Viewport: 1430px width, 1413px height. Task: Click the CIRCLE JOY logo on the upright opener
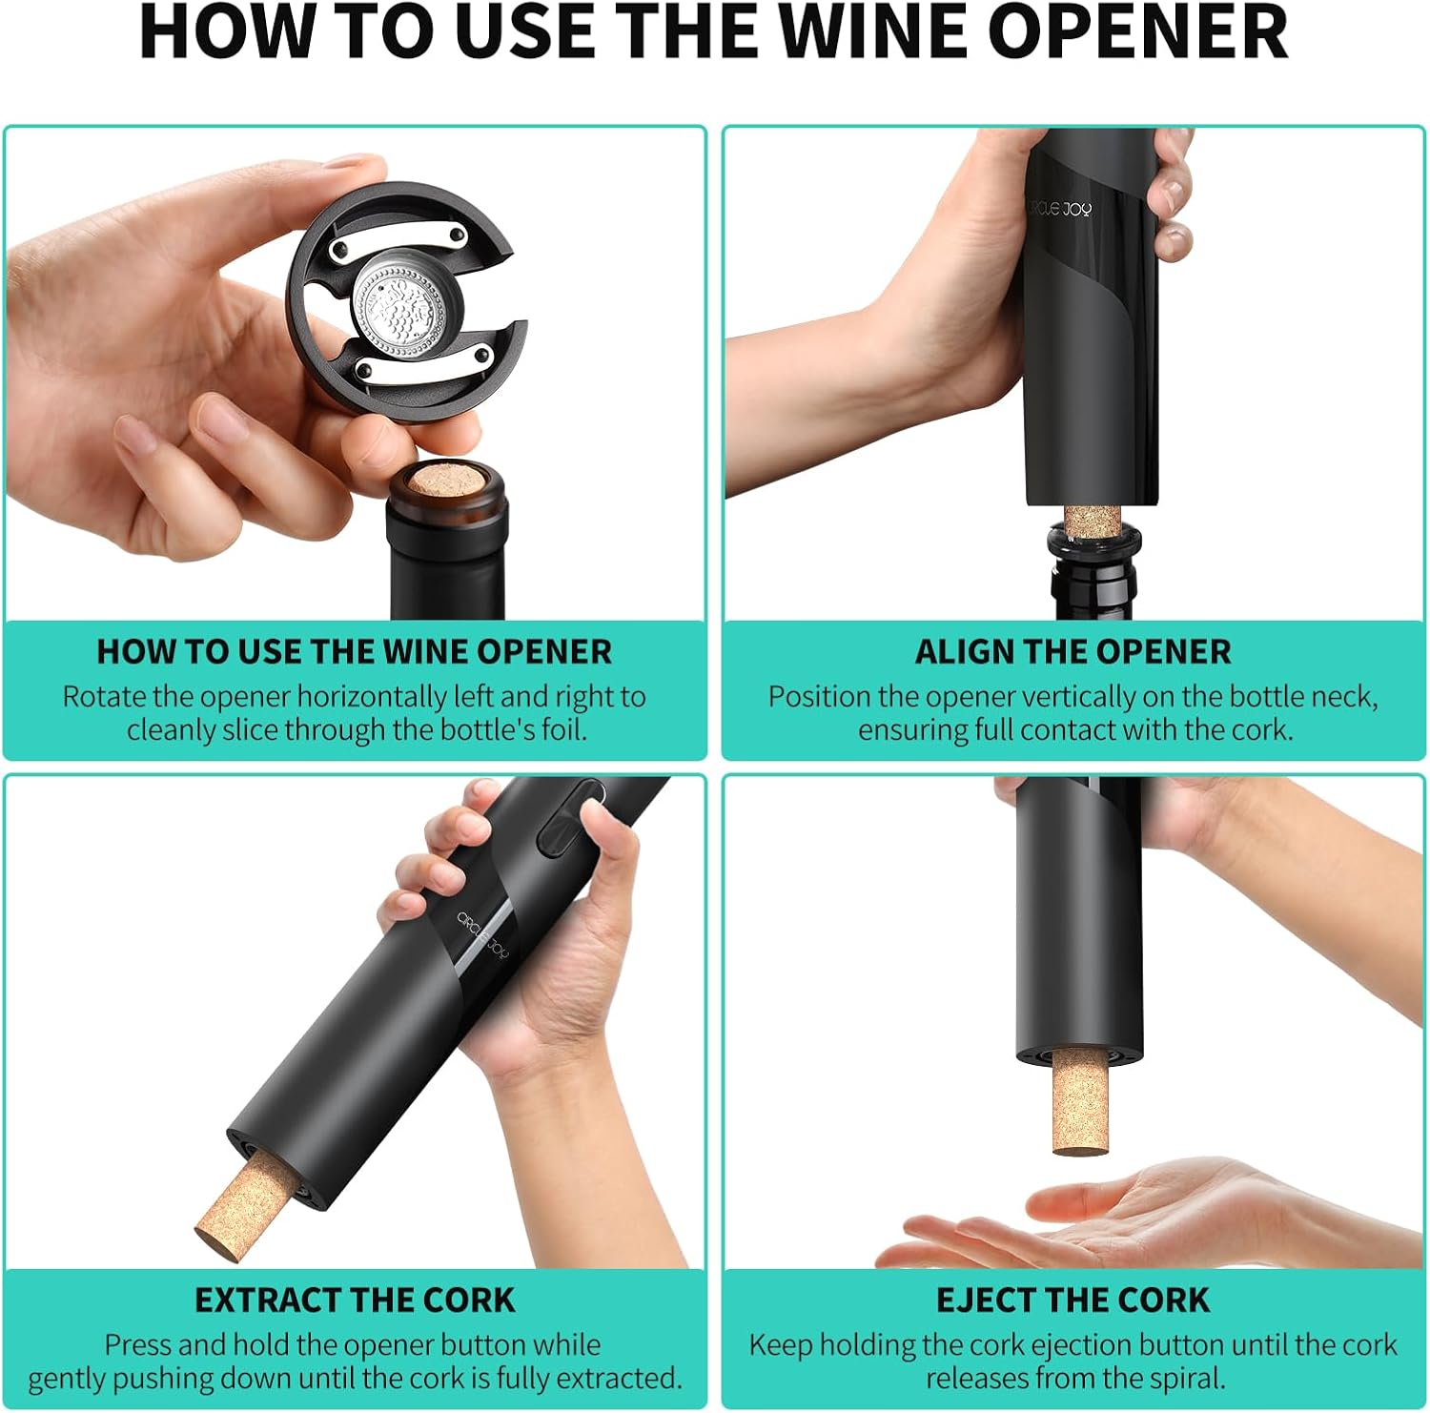tap(1059, 207)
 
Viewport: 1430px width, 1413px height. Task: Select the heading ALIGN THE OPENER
tap(1072, 652)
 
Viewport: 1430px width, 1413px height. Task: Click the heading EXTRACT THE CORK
tap(355, 1300)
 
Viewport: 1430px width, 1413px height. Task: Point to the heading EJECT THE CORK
tap(1072, 1300)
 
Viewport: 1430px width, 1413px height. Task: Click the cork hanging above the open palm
tap(1081, 1101)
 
